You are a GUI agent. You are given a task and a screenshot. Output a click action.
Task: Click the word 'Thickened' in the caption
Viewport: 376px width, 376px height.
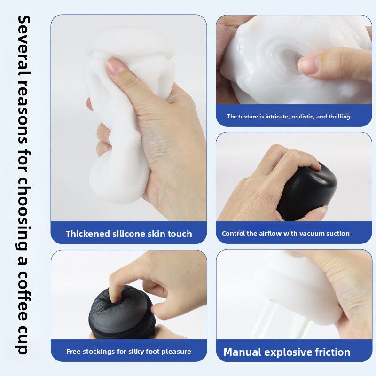click(88, 234)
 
